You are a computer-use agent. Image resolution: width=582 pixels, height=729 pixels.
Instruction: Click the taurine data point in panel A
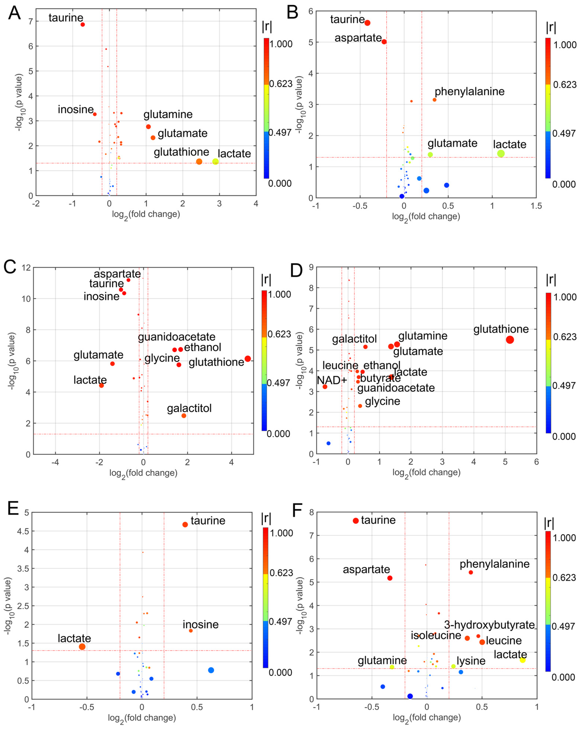coord(83,24)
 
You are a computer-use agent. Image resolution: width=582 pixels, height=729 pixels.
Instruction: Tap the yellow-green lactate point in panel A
coord(215,162)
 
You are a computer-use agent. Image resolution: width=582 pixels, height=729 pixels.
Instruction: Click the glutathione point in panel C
coord(247,359)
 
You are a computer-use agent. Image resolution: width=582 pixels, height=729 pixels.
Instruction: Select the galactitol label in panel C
coord(189,408)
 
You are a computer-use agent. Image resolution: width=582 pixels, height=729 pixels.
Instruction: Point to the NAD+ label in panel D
coord(332,380)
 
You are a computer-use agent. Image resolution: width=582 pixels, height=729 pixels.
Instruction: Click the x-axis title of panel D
coord(426,473)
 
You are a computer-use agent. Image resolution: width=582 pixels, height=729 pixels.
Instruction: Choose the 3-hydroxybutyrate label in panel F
coord(489,625)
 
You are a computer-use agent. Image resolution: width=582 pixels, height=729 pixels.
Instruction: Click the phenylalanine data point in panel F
coord(471,572)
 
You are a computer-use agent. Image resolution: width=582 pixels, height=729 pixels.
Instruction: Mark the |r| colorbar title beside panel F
coord(549,523)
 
